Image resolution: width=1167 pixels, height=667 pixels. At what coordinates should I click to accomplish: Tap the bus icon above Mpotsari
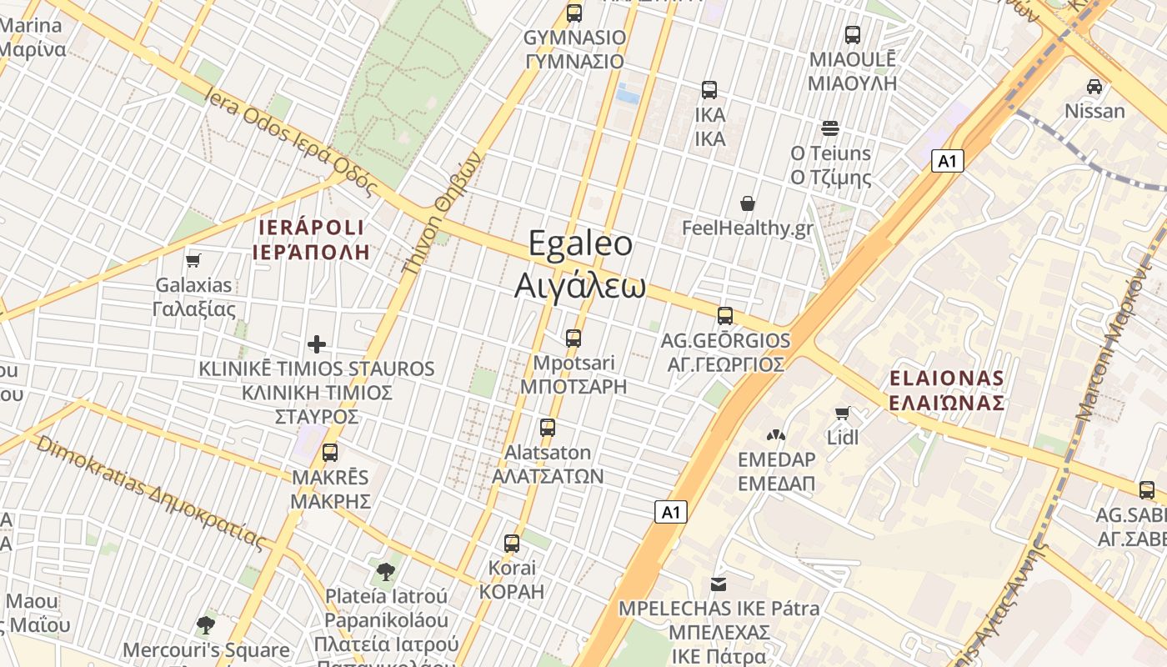pos(573,338)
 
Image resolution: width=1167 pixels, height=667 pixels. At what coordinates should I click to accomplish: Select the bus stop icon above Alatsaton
pos(548,428)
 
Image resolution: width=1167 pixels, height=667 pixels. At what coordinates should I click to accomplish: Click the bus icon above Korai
pos(512,544)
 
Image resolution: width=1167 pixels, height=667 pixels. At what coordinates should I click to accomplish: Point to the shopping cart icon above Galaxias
pos(193,260)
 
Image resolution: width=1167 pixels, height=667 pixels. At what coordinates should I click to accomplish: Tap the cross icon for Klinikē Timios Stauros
pos(317,344)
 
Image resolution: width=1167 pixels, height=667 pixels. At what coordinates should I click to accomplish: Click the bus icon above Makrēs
pos(330,453)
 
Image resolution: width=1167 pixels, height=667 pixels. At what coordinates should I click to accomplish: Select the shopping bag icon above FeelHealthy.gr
pos(748,203)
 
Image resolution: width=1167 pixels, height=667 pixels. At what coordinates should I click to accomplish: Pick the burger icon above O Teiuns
pos(830,128)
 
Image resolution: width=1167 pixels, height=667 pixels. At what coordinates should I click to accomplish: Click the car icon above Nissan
pos(1094,86)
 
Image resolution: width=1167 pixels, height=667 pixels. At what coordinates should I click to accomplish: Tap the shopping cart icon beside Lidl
pos(843,413)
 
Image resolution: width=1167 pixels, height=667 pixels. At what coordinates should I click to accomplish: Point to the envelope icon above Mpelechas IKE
pos(719,584)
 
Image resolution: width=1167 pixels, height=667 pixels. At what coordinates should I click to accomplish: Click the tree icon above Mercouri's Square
pos(205,624)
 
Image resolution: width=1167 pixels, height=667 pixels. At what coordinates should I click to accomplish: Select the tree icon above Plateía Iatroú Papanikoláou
pos(386,572)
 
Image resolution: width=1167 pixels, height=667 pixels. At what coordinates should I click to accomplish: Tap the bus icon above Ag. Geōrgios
pos(725,316)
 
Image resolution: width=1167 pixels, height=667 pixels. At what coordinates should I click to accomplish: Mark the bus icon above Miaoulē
pos(853,35)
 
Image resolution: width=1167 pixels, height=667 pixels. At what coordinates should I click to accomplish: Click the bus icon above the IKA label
pos(709,90)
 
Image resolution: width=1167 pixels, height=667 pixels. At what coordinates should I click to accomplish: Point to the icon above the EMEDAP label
pos(776,434)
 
